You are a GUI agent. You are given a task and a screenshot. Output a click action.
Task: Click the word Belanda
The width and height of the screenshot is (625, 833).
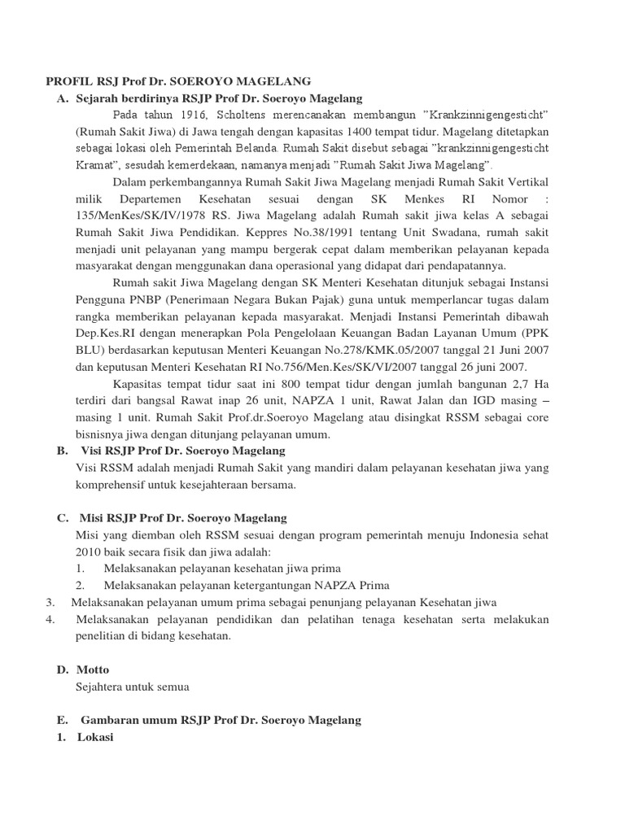[258, 148]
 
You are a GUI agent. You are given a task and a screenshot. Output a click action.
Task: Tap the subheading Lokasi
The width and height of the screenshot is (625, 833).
[96, 738]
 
